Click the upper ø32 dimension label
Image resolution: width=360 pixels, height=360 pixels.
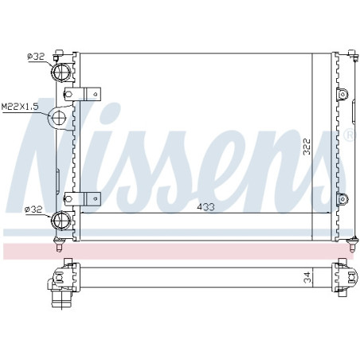pyautogui.click(x=36, y=57)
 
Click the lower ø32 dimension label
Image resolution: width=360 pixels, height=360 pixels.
pyautogui.click(x=33, y=209)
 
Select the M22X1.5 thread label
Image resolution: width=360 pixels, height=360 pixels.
pyautogui.click(x=20, y=107)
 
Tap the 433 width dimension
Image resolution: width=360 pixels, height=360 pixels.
pyautogui.click(x=205, y=207)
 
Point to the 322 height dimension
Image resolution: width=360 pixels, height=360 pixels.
pyautogui.click(x=307, y=147)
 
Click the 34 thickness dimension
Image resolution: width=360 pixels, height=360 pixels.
pyautogui.click(x=307, y=277)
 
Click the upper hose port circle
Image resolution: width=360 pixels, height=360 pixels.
pyautogui.click(x=61, y=72)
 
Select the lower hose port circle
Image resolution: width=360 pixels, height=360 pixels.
pyautogui.click(x=61, y=221)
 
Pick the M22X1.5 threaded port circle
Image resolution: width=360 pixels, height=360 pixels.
pyautogui.click(x=58, y=118)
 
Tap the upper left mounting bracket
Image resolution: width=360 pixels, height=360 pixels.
pyautogui.click(x=83, y=94)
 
